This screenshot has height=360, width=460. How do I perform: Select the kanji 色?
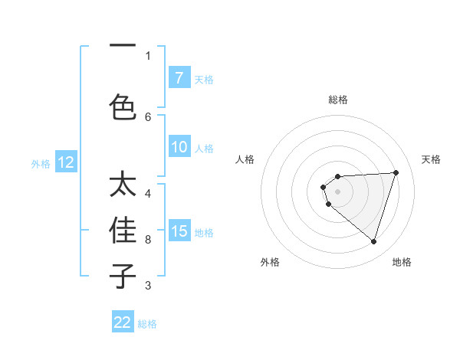(x=123, y=106)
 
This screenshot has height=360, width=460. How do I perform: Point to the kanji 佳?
(x=123, y=231)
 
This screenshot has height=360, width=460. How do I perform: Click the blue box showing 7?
(x=179, y=78)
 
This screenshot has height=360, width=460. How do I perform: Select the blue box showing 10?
(x=179, y=148)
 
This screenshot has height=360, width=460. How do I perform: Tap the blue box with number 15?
(x=179, y=231)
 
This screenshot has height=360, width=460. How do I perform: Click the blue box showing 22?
(x=123, y=322)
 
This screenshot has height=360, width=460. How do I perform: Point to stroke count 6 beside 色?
(x=148, y=116)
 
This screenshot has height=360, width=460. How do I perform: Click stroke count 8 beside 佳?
(x=148, y=239)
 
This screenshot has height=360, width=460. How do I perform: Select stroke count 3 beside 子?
(x=148, y=286)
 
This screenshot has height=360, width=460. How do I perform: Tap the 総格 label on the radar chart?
(x=338, y=100)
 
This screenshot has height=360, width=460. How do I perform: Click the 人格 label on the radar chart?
(x=245, y=159)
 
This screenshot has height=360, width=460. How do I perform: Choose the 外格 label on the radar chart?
(x=270, y=262)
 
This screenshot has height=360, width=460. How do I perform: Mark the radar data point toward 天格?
(x=396, y=172)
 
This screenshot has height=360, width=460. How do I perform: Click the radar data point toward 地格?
(x=373, y=242)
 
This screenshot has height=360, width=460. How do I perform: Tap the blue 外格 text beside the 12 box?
(x=41, y=163)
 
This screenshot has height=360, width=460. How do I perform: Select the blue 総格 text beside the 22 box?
(x=148, y=323)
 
